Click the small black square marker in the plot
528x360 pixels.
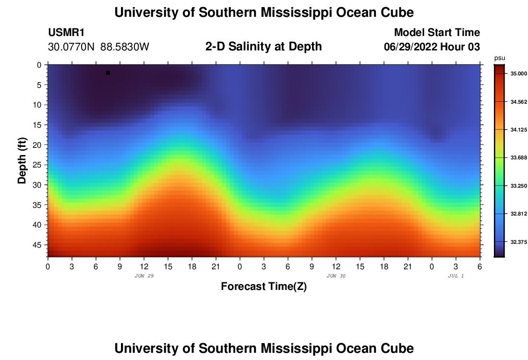click(x=108, y=72)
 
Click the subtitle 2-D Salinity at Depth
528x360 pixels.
click(x=264, y=47)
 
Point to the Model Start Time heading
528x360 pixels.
click(x=436, y=33)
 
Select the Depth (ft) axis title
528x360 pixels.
click(x=22, y=160)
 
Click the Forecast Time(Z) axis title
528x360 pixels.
click(x=264, y=287)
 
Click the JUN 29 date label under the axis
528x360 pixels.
click(x=144, y=276)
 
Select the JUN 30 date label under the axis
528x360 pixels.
click(x=336, y=276)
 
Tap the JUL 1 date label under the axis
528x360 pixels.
click(x=456, y=276)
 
